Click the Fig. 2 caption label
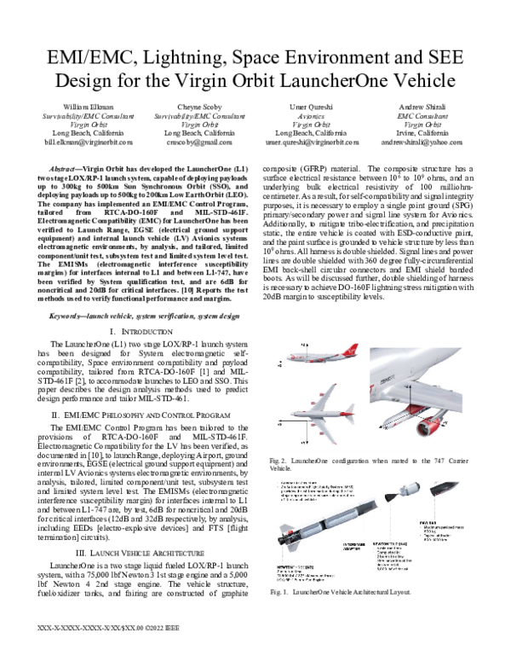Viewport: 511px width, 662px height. click(x=278, y=460)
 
